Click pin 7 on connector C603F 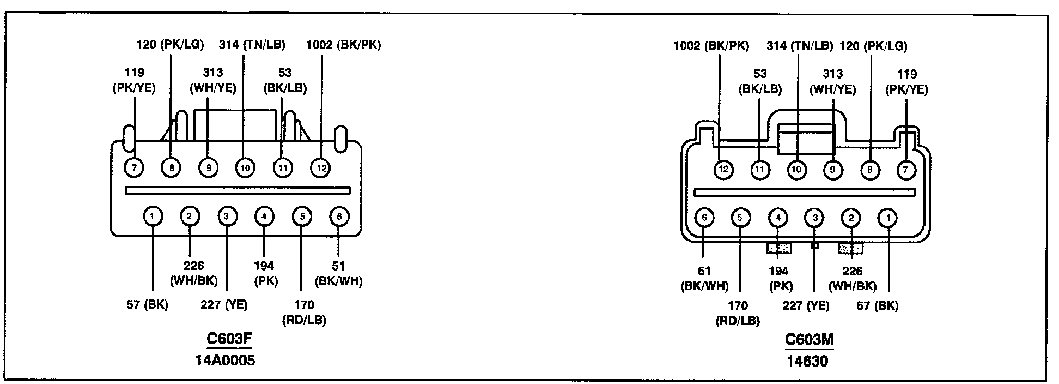134,167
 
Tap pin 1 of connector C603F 153,217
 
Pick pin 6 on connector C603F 339,217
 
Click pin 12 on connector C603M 723,170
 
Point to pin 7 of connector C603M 906,170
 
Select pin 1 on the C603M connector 888,218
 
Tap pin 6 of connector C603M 704,218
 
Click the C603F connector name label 229,339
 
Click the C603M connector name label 809,340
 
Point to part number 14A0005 225,360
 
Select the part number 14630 808,361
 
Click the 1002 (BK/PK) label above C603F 344,45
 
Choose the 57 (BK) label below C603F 148,304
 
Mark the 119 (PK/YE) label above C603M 906,81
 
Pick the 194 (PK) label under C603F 265,273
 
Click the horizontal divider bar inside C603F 238,190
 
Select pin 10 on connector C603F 245,167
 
